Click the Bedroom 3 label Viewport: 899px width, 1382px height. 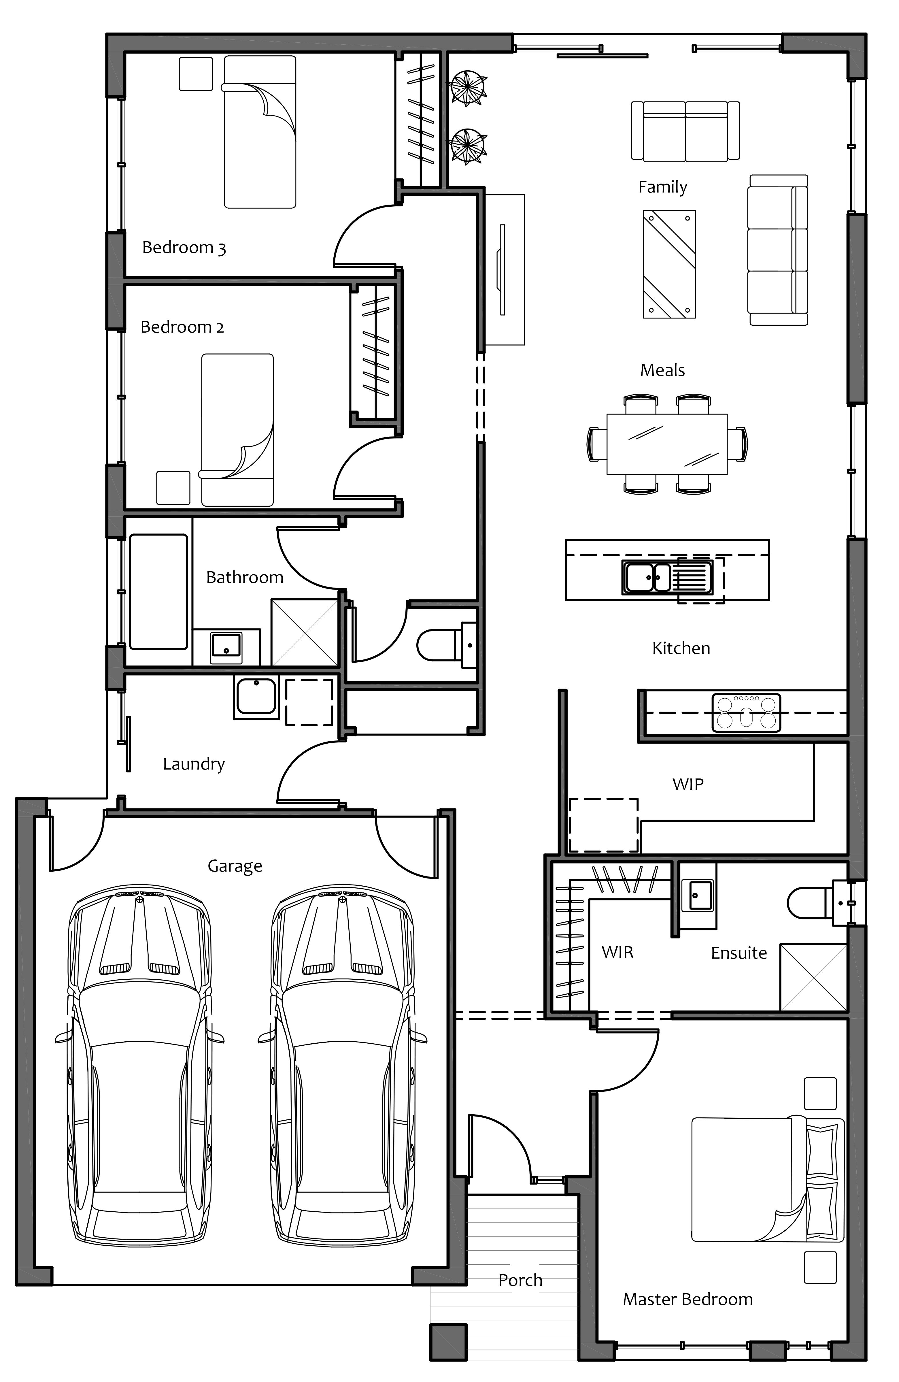click(x=184, y=248)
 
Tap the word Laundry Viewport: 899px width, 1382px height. click(x=194, y=764)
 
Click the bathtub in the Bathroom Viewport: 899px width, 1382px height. click(x=158, y=592)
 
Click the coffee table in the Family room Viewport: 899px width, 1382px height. click(x=669, y=264)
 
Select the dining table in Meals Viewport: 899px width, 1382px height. click(x=667, y=444)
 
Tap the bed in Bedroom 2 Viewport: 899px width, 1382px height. click(x=237, y=430)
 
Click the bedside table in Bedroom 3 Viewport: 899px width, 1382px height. click(x=196, y=74)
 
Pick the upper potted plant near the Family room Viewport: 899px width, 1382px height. click(x=468, y=88)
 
